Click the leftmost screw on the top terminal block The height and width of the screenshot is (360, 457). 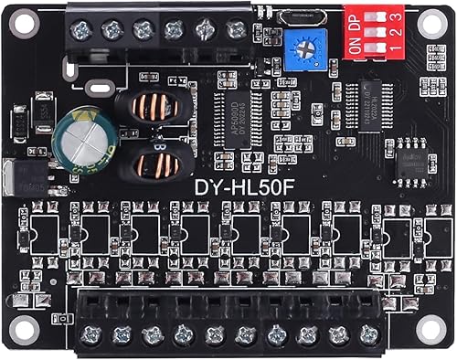point(79,30)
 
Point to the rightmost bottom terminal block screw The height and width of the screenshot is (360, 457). point(368,334)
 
